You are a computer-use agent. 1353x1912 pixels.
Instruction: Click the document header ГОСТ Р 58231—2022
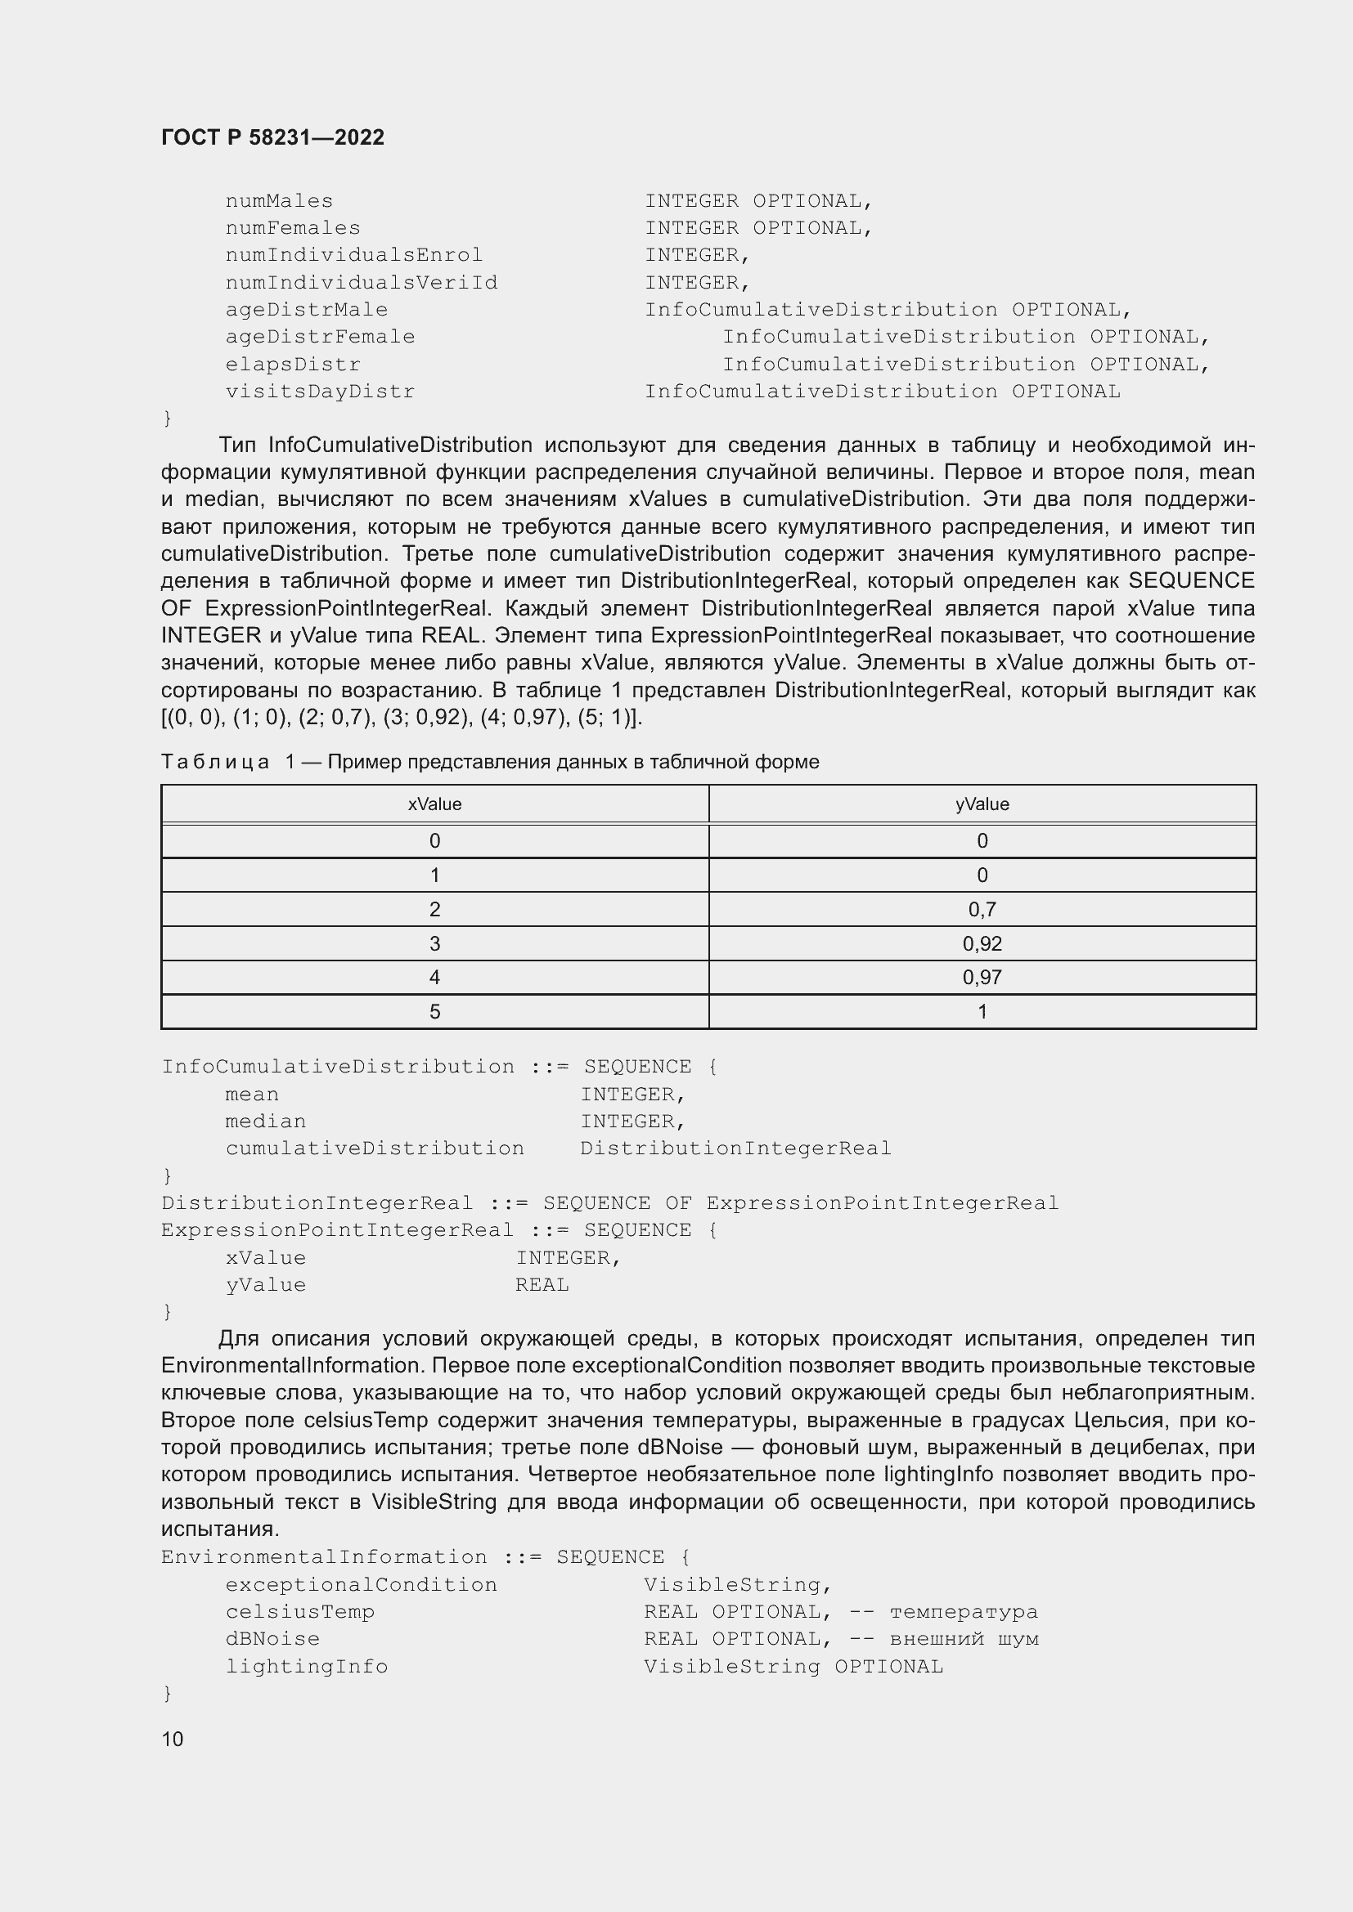272,137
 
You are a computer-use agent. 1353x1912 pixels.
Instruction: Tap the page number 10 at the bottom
173,1739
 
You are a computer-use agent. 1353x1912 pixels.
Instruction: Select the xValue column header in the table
434,804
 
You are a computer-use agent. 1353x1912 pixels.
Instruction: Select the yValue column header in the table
982,804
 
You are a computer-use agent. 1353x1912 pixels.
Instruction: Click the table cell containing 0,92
982,943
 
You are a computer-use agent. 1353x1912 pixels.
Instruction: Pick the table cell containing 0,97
982,978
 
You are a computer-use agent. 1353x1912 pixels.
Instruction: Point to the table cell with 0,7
982,909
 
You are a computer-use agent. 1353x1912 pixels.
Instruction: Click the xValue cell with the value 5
434,1012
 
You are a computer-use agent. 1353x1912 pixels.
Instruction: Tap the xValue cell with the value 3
434,943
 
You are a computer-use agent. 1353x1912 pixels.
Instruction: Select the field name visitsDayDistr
320,392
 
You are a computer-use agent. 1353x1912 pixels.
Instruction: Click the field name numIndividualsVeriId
362,283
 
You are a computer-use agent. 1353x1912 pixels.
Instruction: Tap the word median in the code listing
265,1122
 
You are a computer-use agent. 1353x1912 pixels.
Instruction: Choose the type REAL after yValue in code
542,1285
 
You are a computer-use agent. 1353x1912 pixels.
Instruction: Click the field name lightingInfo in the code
307,1666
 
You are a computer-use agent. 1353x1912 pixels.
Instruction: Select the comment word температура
964,1612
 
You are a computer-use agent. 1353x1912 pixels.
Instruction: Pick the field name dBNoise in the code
272,1639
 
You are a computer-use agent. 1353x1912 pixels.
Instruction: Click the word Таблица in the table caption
215,762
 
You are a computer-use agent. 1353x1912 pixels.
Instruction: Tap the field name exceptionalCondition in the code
361,1585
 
